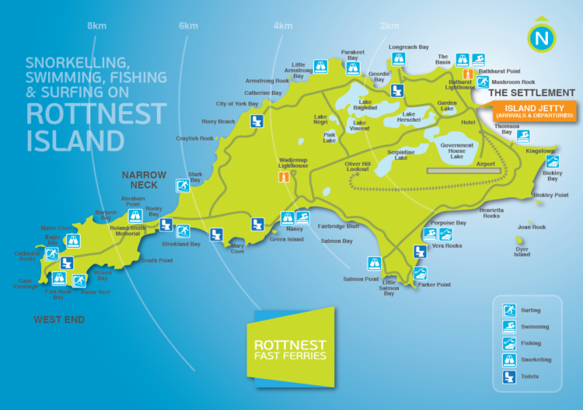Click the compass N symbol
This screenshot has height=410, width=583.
click(x=542, y=37)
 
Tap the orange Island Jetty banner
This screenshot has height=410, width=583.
click(x=534, y=111)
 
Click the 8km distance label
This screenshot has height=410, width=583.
click(x=96, y=26)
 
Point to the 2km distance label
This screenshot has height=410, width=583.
click(x=389, y=26)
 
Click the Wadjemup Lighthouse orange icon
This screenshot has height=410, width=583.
click(x=285, y=177)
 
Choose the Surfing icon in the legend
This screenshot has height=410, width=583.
click(x=509, y=310)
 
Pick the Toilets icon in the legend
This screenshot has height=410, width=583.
click(x=509, y=377)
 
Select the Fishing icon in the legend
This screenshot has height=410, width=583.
click(x=509, y=343)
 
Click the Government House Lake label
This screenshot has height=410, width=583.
click(x=457, y=151)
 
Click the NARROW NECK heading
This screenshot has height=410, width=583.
click(x=144, y=180)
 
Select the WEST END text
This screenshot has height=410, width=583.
click(x=59, y=320)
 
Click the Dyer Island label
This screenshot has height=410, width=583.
click(x=522, y=252)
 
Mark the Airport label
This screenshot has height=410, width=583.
click(x=485, y=164)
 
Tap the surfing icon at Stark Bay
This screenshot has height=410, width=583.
click(x=182, y=186)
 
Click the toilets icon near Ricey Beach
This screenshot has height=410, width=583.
click(x=257, y=121)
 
